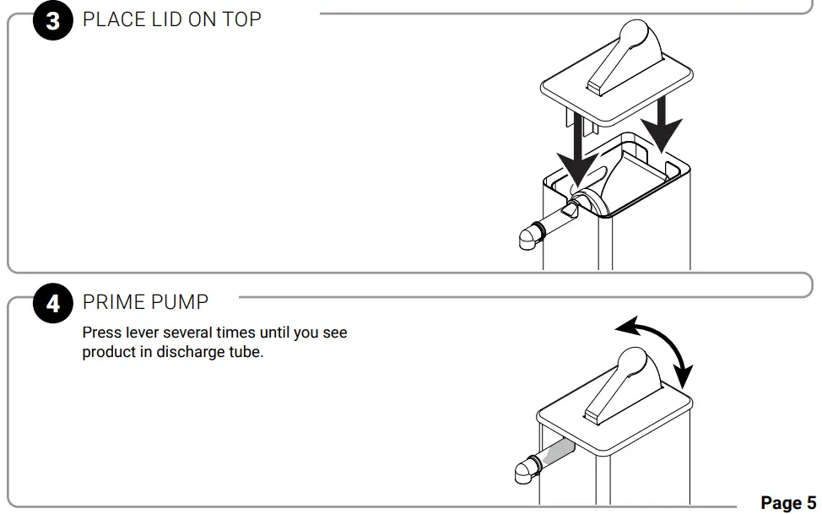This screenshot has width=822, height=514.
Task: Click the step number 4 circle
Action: point(53,303)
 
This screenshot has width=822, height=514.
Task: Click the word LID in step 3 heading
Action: point(163,20)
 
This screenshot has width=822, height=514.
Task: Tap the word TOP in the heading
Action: point(241,20)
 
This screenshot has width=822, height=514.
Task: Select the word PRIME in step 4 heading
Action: point(111,302)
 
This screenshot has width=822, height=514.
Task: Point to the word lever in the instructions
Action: point(138,333)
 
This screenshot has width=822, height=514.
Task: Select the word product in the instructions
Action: point(107,352)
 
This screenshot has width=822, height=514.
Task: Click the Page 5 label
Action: point(788,502)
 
